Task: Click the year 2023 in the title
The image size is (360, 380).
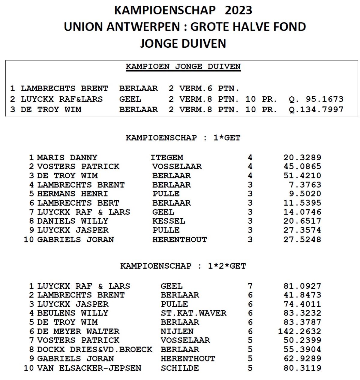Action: coord(238,11)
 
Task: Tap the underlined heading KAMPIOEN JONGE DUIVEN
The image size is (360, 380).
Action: coord(183,67)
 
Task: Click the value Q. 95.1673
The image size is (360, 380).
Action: coord(316,99)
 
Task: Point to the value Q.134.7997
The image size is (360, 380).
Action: coord(316,109)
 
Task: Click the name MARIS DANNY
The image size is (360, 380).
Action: coord(67,158)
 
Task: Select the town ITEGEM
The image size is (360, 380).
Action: coord(167,158)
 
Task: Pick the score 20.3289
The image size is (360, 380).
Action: coord(302,158)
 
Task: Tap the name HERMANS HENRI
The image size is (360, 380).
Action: coord(72,194)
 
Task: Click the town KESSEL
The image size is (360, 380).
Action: coord(169,221)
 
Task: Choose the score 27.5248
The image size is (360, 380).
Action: coord(302,240)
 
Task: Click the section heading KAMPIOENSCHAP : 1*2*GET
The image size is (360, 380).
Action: coord(183,266)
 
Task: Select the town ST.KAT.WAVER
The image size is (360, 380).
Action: coord(193,313)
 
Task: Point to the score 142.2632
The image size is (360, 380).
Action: coord(299,331)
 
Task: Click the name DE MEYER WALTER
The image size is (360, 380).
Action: coord(78,331)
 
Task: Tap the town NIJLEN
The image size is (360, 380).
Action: coord(177,331)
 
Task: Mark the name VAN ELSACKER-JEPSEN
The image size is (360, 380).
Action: coord(89,368)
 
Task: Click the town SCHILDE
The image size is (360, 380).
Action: coord(180,368)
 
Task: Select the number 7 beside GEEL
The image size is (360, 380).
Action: coord(250,286)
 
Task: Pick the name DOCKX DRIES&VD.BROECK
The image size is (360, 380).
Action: coord(94,350)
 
